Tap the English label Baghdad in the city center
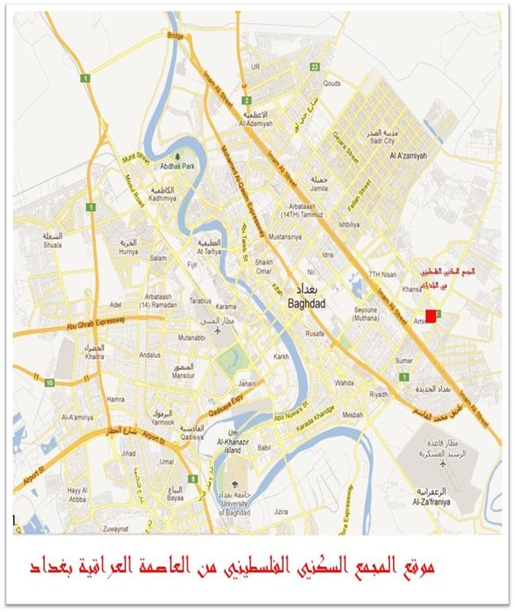(x=308, y=304)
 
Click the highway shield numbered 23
(x=315, y=67)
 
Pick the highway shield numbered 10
(x=49, y=382)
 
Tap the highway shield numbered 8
(x=194, y=479)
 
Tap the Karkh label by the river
(x=280, y=357)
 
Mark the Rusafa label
(x=314, y=333)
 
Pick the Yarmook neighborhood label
(x=163, y=422)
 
